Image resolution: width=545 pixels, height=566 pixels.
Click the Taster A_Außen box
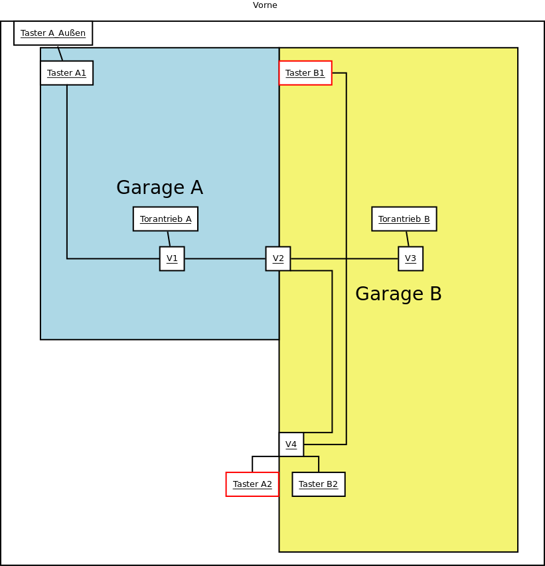click(53, 33)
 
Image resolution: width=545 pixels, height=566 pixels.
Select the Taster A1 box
click(66, 73)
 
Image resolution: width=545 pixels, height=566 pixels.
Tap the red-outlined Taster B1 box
click(305, 73)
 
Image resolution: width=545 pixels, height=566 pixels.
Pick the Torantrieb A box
click(165, 219)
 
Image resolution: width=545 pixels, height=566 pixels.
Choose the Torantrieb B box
click(404, 219)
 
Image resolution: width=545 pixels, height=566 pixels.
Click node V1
click(172, 258)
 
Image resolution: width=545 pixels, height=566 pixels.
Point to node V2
click(278, 258)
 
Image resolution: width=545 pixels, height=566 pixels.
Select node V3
click(410, 258)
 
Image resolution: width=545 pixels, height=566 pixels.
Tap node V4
click(291, 444)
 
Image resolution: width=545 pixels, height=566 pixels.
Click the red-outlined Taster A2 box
click(252, 484)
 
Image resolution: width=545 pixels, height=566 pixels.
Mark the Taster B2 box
click(319, 484)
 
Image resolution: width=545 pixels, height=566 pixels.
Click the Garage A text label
click(159, 188)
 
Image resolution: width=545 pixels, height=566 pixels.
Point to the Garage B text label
click(398, 294)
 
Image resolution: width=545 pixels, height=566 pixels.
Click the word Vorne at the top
click(265, 5)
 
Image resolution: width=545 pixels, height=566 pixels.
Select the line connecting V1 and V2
click(225, 258)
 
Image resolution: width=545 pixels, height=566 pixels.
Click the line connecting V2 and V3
click(344, 258)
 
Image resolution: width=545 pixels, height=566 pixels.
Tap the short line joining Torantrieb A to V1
click(169, 238)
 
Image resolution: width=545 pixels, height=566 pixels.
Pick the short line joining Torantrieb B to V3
click(408, 238)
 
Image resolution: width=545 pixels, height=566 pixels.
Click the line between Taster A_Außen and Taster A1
click(60, 53)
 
